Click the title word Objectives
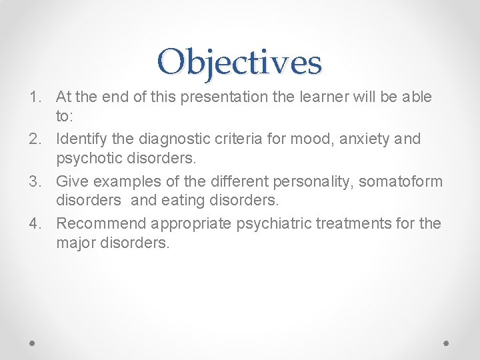[240, 62]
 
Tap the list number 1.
[35, 97]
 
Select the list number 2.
[35, 139]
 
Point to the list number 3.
[35, 181]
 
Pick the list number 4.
[35, 223]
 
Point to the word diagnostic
[166, 139]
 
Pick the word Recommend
[101, 223]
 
